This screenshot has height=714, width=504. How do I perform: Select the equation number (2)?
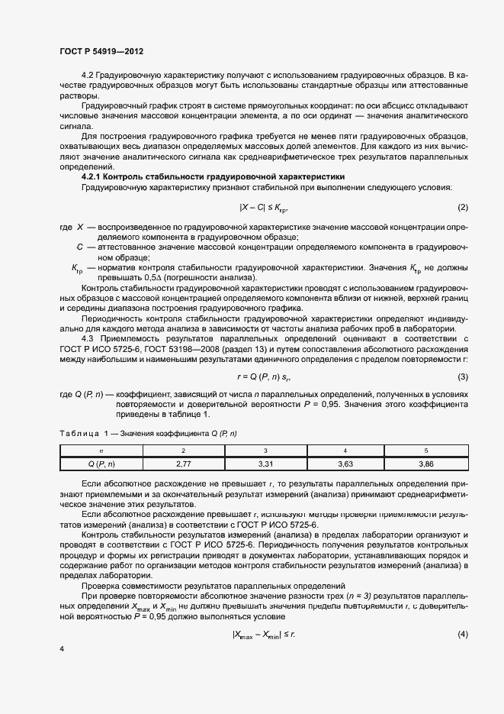tap(462, 208)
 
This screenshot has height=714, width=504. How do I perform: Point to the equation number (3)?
tap(462, 377)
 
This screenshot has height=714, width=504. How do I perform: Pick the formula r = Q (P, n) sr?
tap(264, 377)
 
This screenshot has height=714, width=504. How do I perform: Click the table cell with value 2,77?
tap(183, 463)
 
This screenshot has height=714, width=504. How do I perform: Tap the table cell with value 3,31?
tap(265, 463)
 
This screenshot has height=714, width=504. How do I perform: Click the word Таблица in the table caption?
tap(78, 434)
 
